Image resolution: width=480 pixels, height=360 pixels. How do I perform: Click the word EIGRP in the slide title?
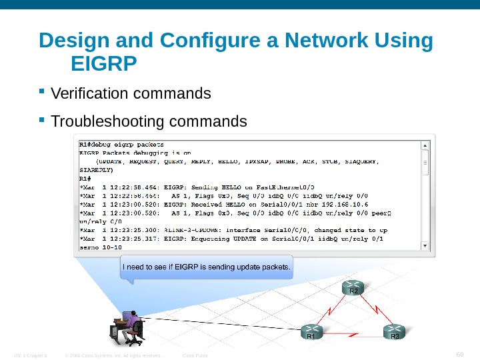coord(103,65)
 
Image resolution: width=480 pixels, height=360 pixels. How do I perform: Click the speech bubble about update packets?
coord(207,268)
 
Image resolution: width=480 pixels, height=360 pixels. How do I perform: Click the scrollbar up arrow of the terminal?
coord(425,144)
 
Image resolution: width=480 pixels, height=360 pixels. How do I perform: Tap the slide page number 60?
coord(459,353)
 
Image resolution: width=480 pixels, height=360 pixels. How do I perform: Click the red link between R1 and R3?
coord(352,331)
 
